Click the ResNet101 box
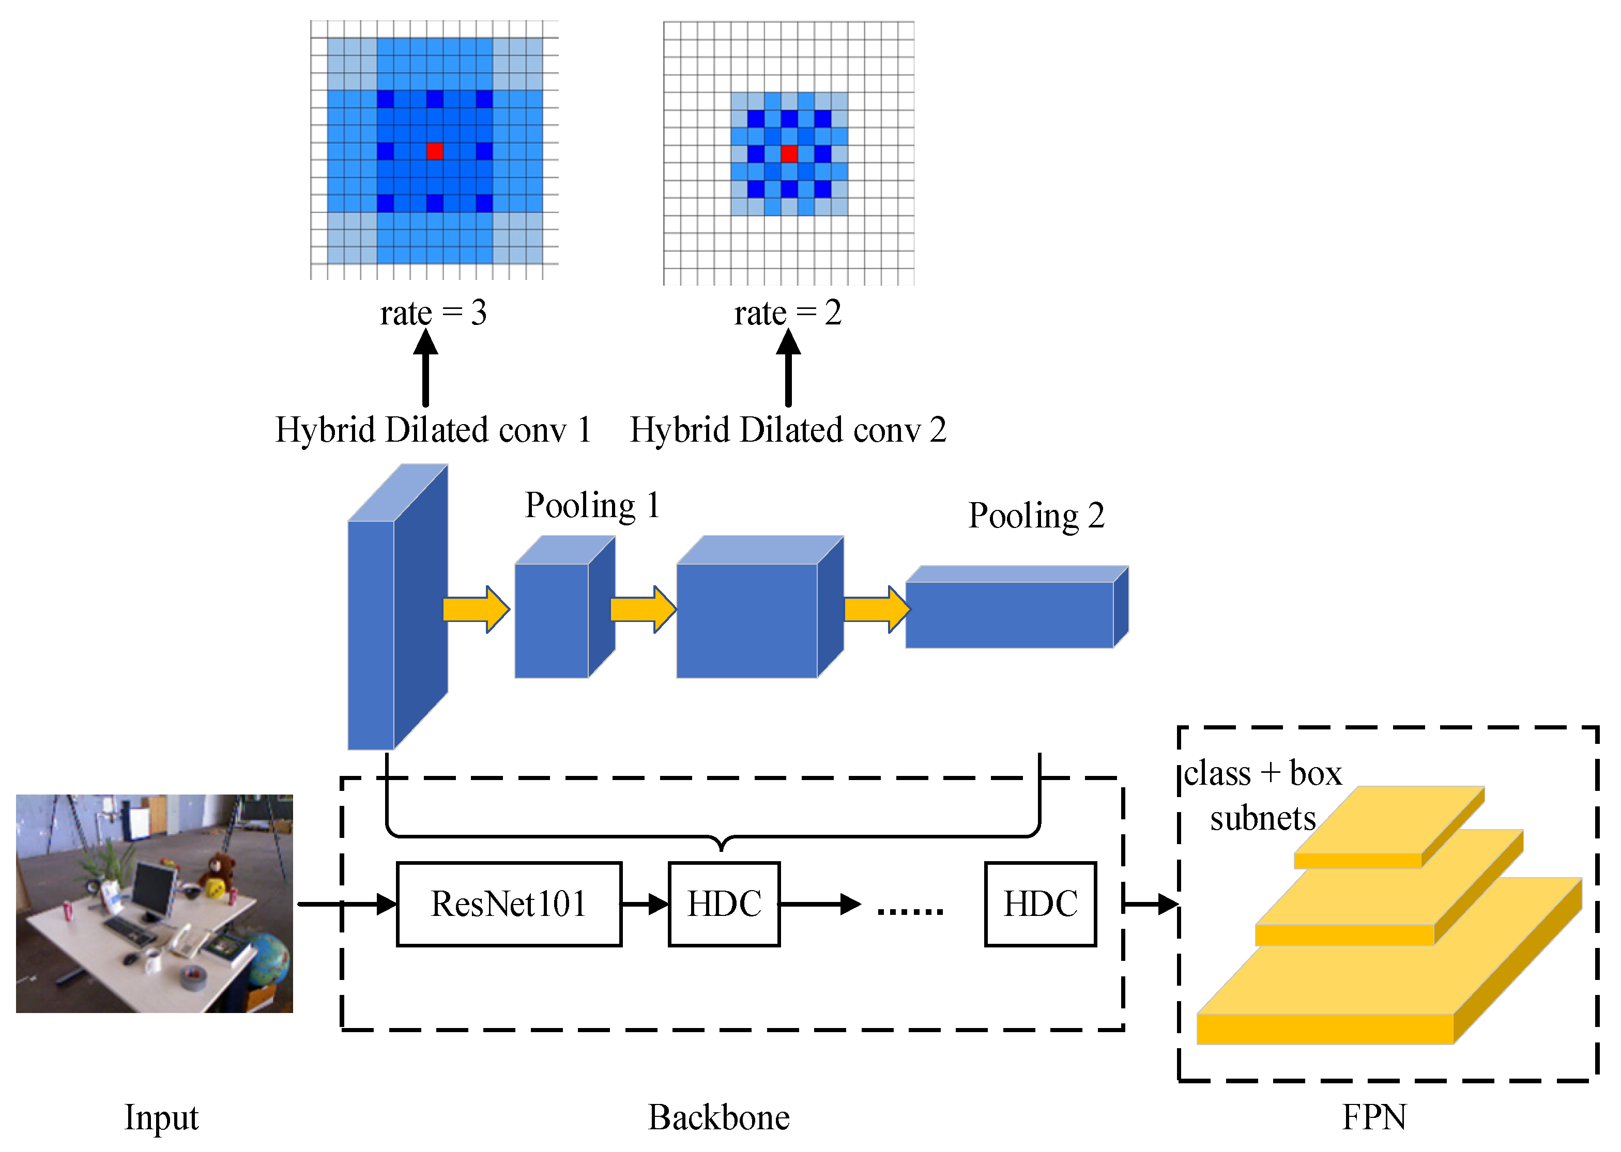pos(508,904)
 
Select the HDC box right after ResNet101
pos(724,904)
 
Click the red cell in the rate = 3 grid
pos(434,150)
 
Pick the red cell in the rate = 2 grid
pos(788,153)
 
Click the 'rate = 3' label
pos(433,313)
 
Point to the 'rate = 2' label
pos(788,313)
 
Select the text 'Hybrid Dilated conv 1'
pos(433,430)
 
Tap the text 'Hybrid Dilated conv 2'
pos(788,430)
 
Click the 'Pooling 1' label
pos(592,506)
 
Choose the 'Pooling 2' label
pos(1036,516)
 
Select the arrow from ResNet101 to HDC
pos(645,904)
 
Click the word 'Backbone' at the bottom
pos(718,1117)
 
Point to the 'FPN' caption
pos(1373,1117)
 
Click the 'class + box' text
pos(1262,773)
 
